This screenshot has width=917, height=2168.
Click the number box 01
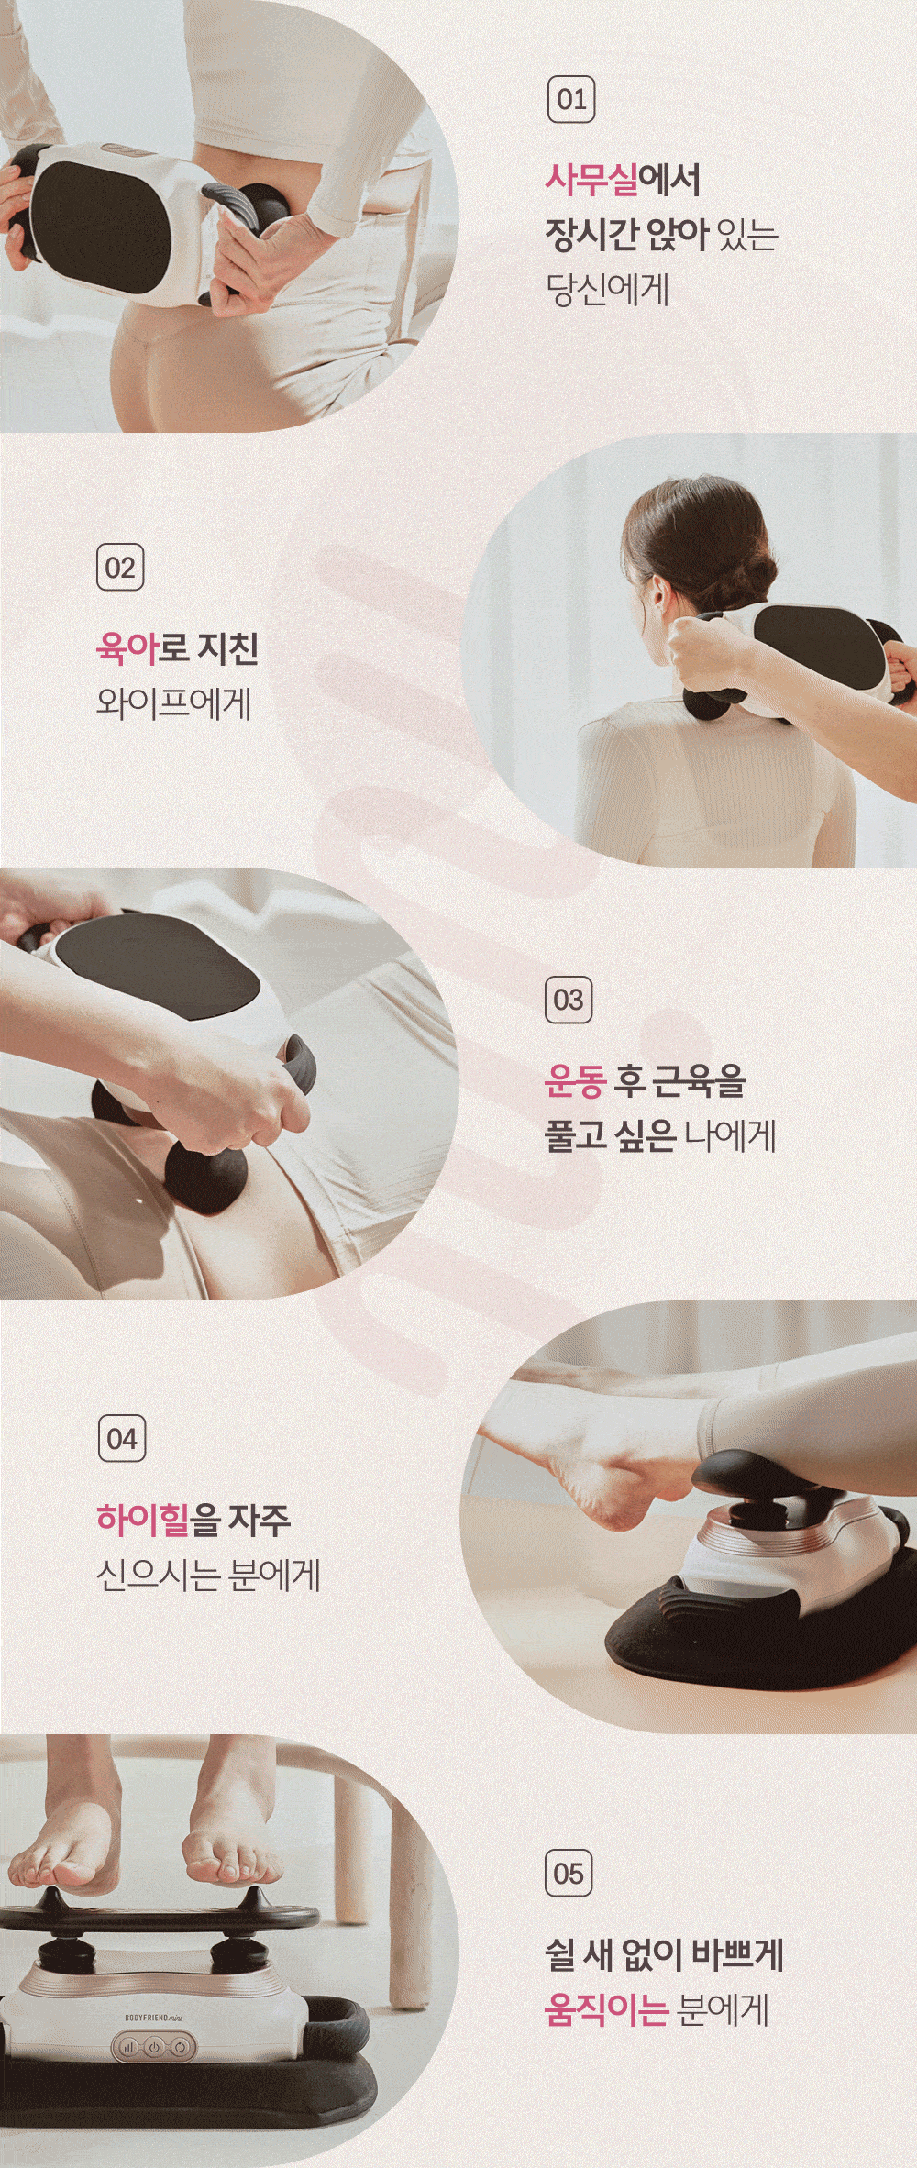(571, 100)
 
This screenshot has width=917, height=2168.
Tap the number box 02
(120, 568)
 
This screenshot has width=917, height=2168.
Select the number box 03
(569, 1000)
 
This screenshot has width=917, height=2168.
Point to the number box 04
(122, 1439)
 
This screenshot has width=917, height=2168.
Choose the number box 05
(569, 1873)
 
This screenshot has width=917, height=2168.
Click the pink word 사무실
(591, 179)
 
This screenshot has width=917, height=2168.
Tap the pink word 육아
(127, 647)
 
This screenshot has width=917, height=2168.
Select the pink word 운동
(575, 1080)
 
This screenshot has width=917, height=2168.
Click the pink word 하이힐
(142, 1519)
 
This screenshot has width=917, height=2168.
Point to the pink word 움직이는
(606, 2008)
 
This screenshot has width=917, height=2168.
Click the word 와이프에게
(173, 703)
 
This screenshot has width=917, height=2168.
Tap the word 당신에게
(607, 290)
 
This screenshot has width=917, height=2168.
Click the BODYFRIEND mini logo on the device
(153, 2018)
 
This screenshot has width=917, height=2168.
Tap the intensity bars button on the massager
(128, 2046)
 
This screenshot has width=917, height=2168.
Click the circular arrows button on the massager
(180, 2046)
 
